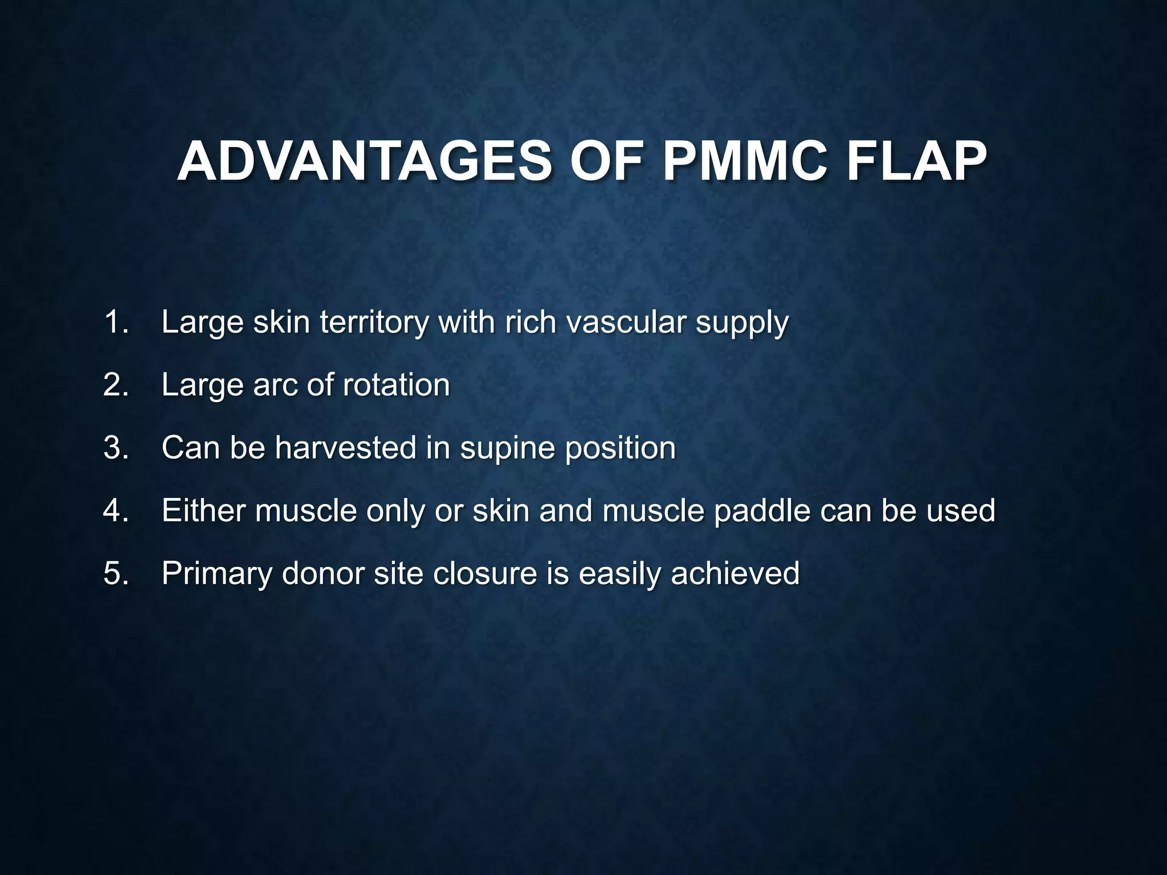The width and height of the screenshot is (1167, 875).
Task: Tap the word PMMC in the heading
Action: coord(746,162)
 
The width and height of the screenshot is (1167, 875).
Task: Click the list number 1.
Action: coord(116,322)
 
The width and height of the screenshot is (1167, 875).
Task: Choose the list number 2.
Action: coord(116,385)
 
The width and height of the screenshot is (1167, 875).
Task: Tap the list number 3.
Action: coord(116,447)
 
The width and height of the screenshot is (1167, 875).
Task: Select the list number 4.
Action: coord(116,510)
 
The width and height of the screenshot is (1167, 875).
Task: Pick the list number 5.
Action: coord(116,573)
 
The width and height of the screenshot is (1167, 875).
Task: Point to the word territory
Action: coord(374,323)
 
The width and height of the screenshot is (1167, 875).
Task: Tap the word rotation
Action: coord(396,385)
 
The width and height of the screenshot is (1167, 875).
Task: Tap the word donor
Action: coord(323,573)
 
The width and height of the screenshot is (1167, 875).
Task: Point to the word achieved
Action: coord(735,573)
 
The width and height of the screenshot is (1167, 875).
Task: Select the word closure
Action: coord(485,573)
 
